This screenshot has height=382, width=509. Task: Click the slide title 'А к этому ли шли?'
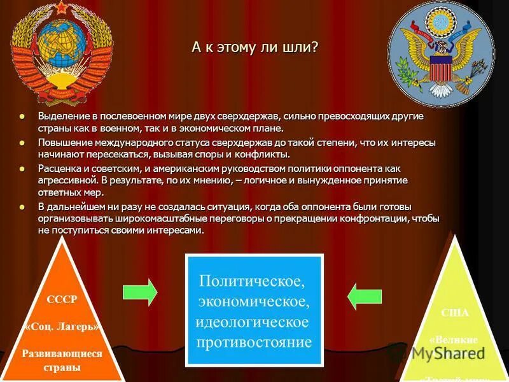click(255, 48)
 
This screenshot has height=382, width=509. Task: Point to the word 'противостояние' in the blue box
click(254, 343)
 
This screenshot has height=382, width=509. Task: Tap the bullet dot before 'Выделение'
click(24, 117)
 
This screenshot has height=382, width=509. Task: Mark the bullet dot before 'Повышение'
click(24, 142)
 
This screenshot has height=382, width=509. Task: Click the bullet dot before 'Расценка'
click(24, 168)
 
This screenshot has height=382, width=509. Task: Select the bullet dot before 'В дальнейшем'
click(24, 207)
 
